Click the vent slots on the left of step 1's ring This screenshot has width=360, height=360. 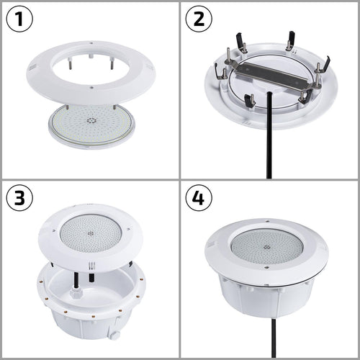[32, 68]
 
